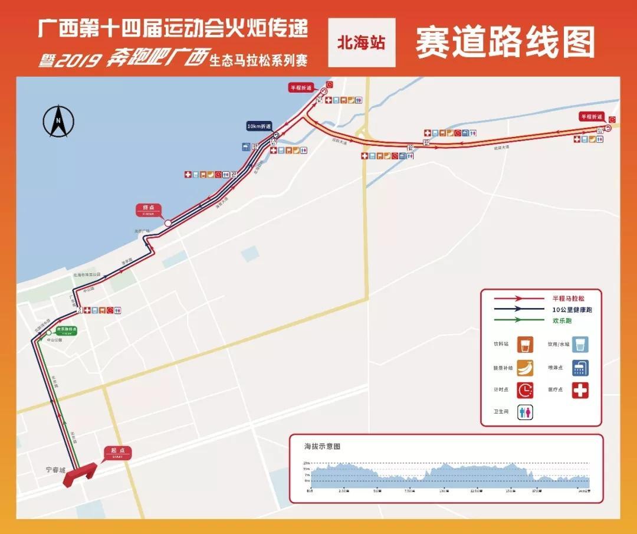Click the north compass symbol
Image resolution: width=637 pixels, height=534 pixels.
pyautogui.click(x=58, y=122)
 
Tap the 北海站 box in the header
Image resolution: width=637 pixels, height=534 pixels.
pyautogui.click(x=361, y=42)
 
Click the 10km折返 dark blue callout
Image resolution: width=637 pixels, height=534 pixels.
pyautogui.click(x=260, y=126)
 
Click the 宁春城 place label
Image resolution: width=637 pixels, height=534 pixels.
pyautogui.click(x=56, y=470)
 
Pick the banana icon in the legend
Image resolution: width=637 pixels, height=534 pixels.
pyautogui.click(x=525, y=368)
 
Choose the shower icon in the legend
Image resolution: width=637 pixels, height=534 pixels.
pyautogui.click(x=580, y=368)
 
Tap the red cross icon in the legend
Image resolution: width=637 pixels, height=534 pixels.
pyautogui.click(x=580, y=390)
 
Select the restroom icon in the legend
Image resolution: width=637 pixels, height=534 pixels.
pyautogui.click(x=525, y=412)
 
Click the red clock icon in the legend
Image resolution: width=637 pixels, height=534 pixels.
pyautogui.click(x=525, y=390)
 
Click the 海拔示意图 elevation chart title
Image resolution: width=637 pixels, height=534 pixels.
pyautogui.click(x=322, y=446)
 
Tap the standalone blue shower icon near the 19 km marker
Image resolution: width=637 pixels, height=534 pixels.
pyautogui.click(x=245, y=146)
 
